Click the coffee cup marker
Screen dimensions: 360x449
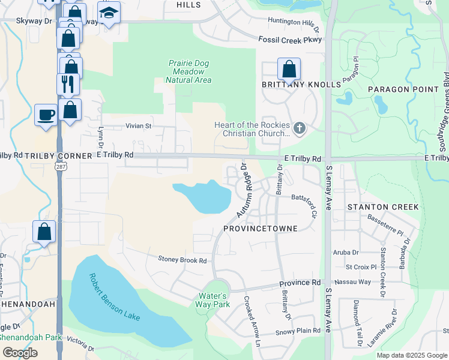coord(46,114)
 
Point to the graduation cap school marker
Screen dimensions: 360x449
coord(109,13)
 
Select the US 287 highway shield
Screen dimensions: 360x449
coord(61,164)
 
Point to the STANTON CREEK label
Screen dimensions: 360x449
coord(383,207)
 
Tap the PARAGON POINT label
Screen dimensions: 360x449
coord(403,89)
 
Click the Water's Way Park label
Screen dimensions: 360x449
coord(212,300)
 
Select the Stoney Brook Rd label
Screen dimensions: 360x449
coord(182,260)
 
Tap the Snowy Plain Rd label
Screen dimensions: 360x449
coord(298,331)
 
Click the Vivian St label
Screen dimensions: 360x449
coord(139,127)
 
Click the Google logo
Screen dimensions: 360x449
coord(20,353)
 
